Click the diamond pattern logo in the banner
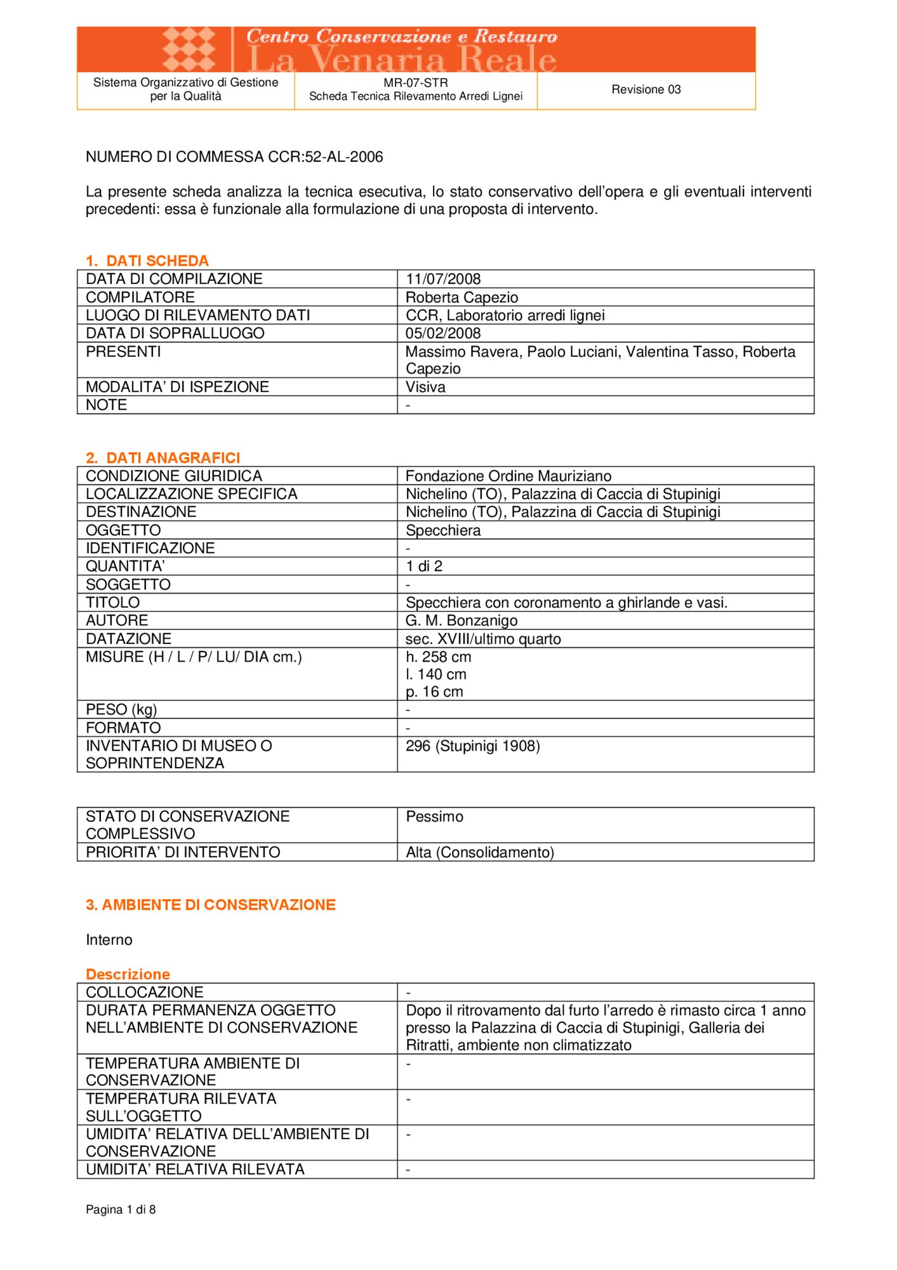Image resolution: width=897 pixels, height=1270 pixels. (x=189, y=49)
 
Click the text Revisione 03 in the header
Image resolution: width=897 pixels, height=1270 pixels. (x=646, y=90)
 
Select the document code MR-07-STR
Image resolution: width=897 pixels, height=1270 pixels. (x=415, y=83)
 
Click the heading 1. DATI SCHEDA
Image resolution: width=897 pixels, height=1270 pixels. (x=147, y=260)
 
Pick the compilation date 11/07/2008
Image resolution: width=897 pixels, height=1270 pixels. (x=443, y=279)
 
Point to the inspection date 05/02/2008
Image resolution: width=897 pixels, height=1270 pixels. (x=443, y=333)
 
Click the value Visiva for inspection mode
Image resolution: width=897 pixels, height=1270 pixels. (x=425, y=387)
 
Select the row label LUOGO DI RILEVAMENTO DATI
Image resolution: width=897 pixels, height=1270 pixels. (x=197, y=315)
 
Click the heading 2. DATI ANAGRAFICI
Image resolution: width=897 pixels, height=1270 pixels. (x=163, y=457)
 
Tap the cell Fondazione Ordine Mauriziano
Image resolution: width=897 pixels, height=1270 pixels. (x=508, y=476)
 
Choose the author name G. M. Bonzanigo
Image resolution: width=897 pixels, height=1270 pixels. (x=462, y=620)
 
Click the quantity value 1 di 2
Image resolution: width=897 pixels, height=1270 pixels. (x=424, y=566)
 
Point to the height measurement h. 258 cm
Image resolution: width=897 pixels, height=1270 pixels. (x=438, y=657)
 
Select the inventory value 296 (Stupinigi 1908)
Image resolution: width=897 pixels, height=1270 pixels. (x=472, y=745)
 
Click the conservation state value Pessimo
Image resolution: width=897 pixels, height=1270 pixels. (x=434, y=817)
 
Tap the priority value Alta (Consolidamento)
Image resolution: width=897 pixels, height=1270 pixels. (x=480, y=852)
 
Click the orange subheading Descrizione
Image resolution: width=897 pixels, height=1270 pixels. (x=128, y=974)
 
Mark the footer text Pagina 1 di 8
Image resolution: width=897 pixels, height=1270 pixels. (x=121, y=1210)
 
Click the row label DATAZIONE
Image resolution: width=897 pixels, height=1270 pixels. (x=128, y=639)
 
